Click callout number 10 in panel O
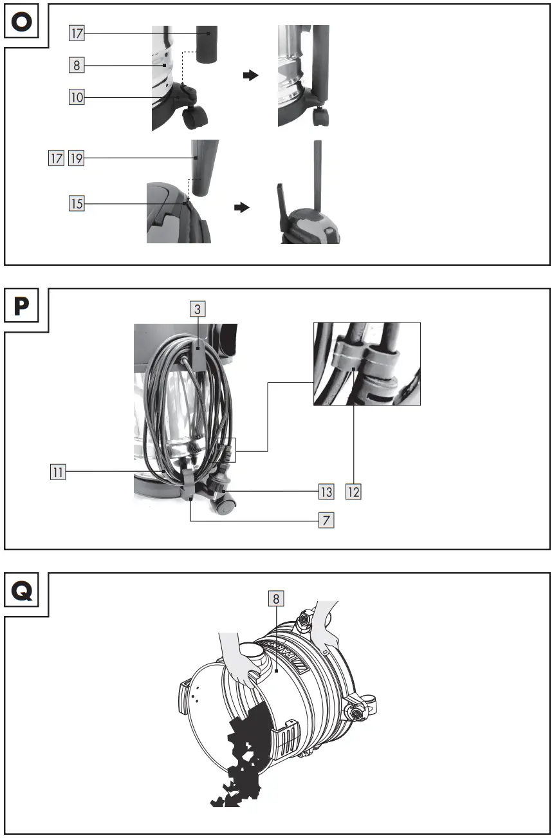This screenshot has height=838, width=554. (x=77, y=97)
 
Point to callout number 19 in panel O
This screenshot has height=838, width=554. (x=77, y=158)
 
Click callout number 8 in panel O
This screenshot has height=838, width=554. (x=77, y=64)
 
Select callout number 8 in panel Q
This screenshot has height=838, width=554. (x=276, y=599)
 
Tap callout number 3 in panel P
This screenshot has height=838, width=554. (x=198, y=309)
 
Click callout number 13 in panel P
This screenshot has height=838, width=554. (x=326, y=492)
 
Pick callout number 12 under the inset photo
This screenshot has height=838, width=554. (x=354, y=492)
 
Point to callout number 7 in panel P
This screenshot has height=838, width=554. (x=326, y=520)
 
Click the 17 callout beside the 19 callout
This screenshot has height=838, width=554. (x=56, y=158)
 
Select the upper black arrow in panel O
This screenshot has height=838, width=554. (x=251, y=75)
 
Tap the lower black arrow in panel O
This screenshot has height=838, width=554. (x=241, y=209)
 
